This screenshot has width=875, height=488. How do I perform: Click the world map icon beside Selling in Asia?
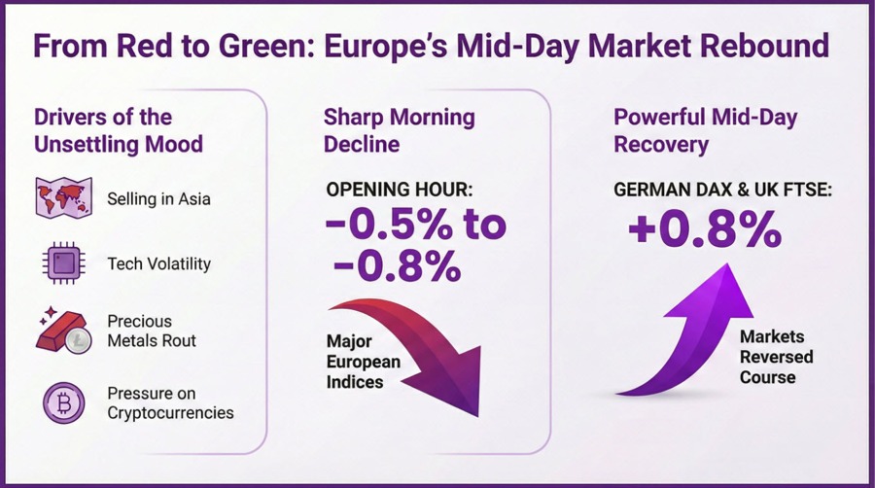[63, 198]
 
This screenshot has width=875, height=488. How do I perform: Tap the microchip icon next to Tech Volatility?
[62, 263]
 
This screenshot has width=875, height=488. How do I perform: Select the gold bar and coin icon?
[64, 330]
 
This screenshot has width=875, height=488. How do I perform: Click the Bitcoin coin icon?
[63, 402]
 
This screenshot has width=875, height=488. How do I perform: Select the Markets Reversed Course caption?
[776, 356]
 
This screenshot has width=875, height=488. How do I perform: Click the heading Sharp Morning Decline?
[399, 130]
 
